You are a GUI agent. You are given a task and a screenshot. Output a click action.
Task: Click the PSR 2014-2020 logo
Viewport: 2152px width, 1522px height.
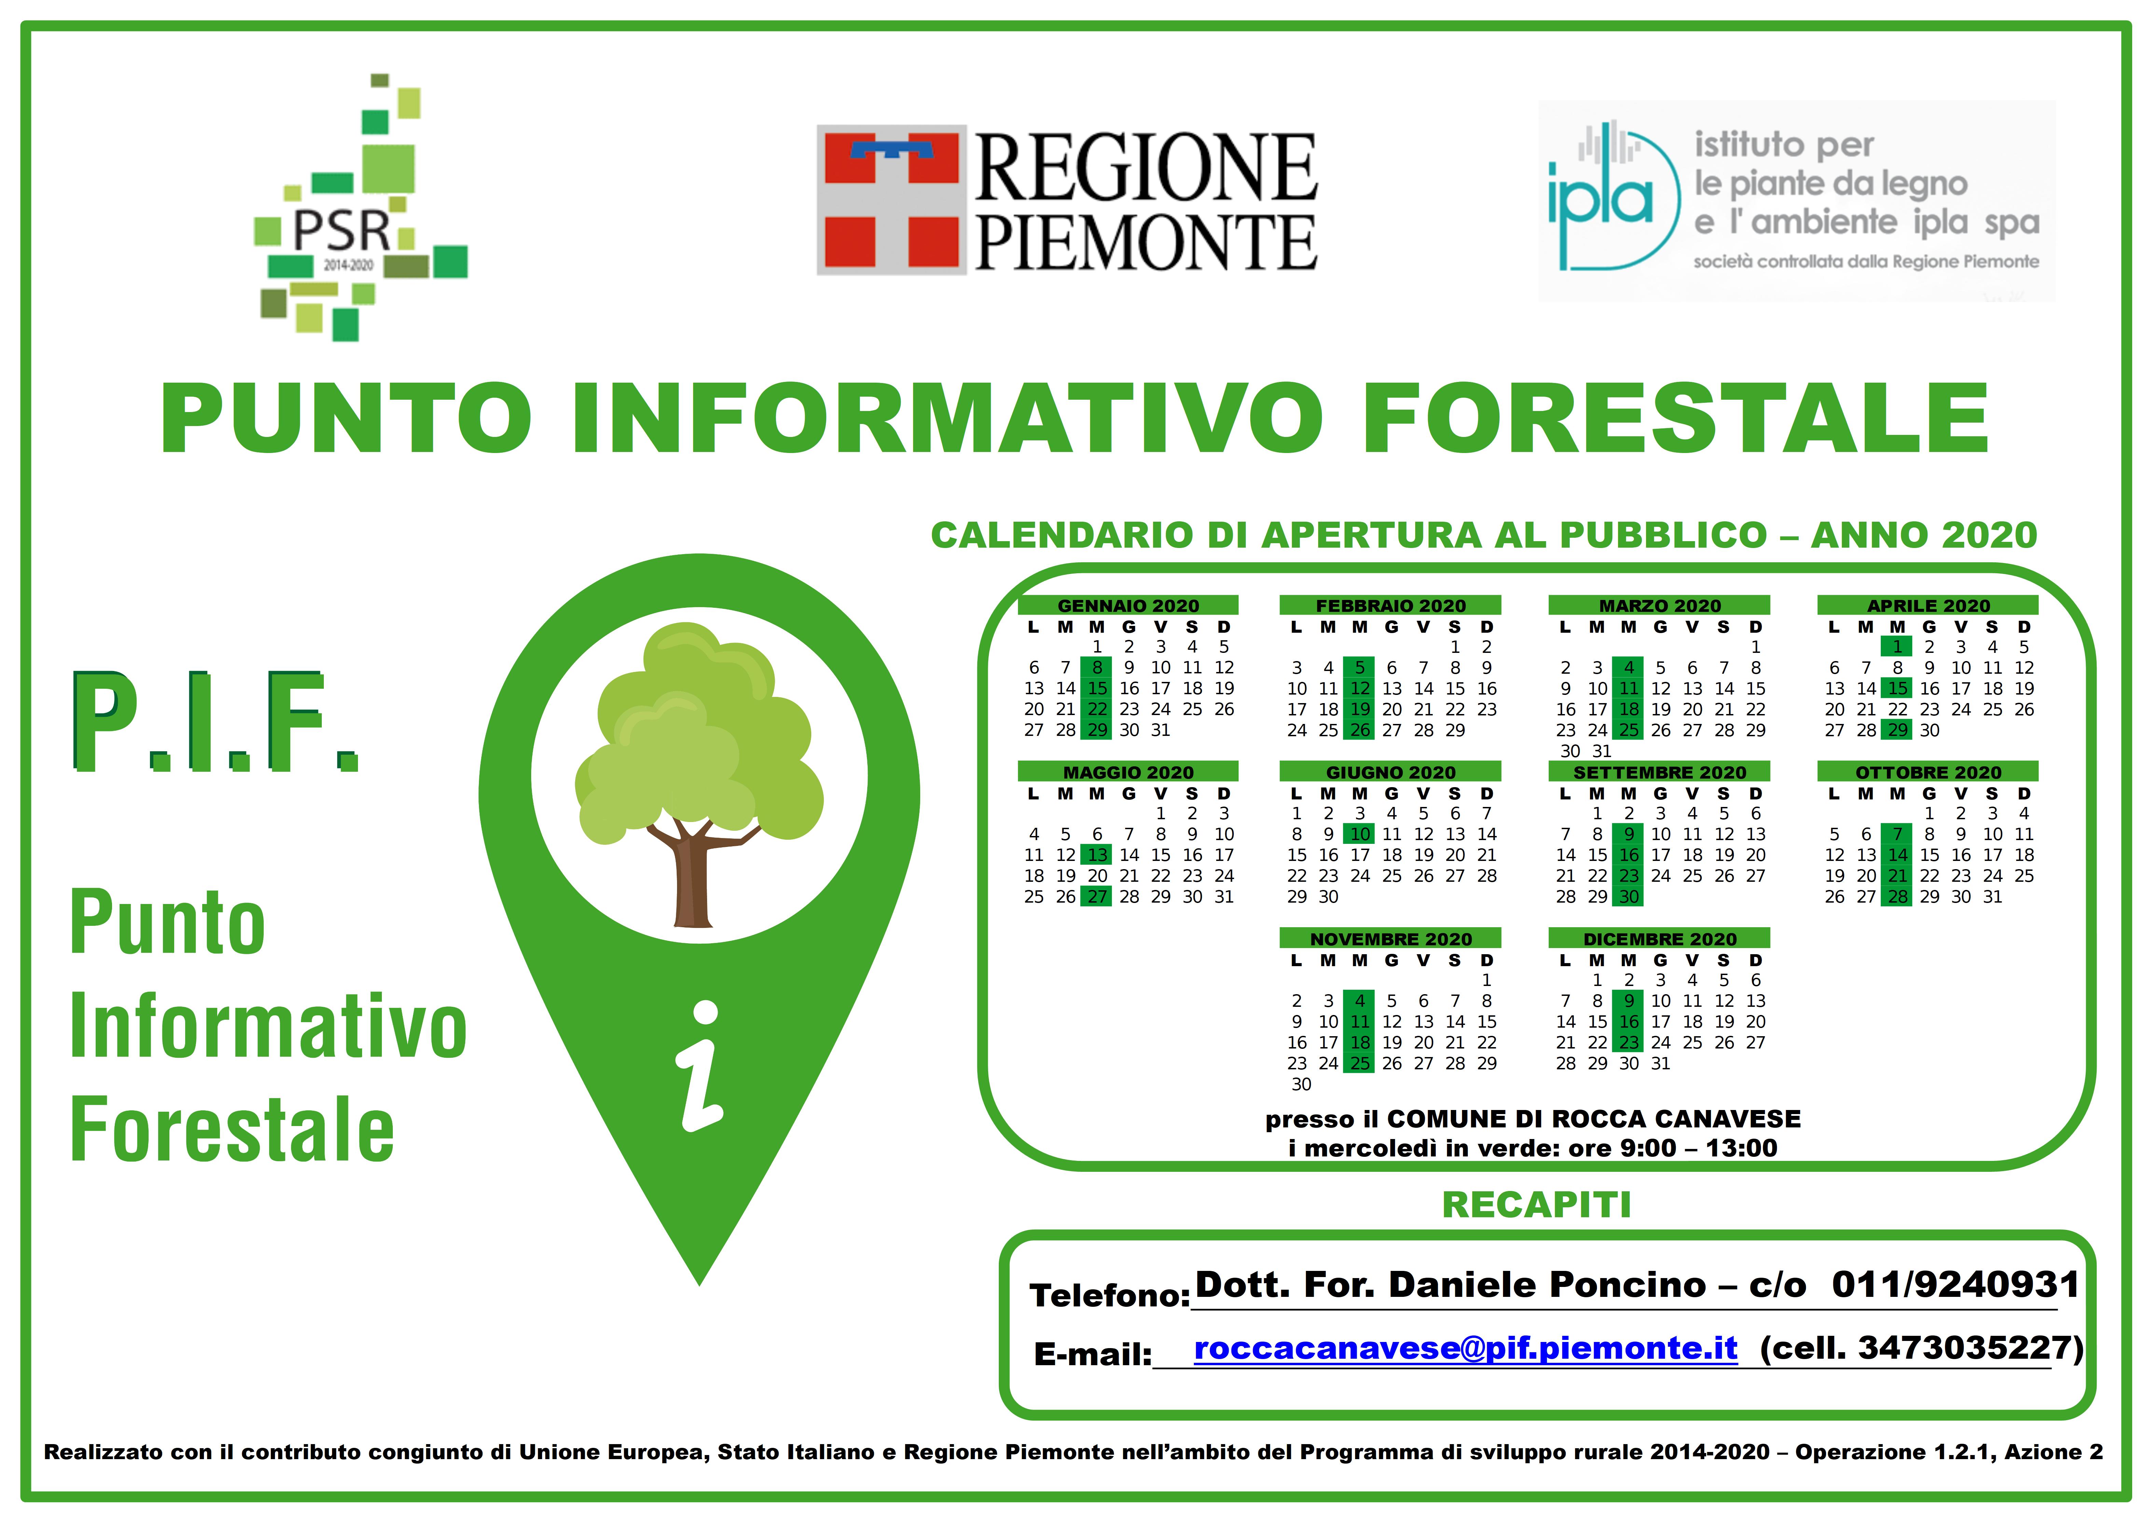(x=361, y=206)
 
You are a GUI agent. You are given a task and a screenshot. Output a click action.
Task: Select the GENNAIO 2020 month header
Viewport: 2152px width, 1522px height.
(x=1129, y=605)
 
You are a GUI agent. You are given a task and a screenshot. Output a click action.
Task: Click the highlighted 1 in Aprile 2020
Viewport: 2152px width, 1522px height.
(x=1897, y=647)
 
